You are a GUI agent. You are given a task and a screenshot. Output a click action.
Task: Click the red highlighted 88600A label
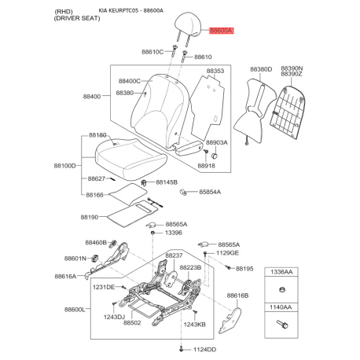click(x=221, y=31)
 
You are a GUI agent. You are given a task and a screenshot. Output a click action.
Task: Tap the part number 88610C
click(x=152, y=52)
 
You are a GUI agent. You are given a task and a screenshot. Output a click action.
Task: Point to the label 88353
click(x=215, y=71)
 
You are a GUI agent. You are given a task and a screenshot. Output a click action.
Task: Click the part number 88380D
click(x=261, y=69)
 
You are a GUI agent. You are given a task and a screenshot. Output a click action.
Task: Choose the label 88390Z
click(x=292, y=74)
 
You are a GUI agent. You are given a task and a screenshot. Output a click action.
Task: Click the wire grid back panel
click(x=288, y=112)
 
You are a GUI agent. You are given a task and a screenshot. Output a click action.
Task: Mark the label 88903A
click(x=217, y=142)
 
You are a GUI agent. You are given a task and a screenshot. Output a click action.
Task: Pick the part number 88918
click(x=206, y=166)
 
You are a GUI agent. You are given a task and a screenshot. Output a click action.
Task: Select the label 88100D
click(x=64, y=166)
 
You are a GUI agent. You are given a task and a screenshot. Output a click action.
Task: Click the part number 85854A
click(x=210, y=192)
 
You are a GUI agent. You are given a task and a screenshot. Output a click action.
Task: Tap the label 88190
click(x=90, y=217)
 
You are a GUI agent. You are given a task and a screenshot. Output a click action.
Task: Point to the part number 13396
click(x=174, y=233)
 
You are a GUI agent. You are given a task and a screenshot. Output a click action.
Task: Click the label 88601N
click(x=75, y=259)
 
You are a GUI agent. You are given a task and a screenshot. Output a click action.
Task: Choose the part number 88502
click(x=132, y=323)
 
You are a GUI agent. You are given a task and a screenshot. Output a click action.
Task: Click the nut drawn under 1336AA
click(x=282, y=290)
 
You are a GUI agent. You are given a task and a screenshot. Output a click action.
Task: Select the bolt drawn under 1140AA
click(x=282, y=324)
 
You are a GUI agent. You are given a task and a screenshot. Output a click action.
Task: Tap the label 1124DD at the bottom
click(x=205, y=350)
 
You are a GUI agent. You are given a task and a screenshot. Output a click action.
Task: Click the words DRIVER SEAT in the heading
click(x=77, y=18)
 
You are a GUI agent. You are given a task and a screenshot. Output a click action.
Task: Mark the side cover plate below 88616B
click(x=230, y=321)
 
